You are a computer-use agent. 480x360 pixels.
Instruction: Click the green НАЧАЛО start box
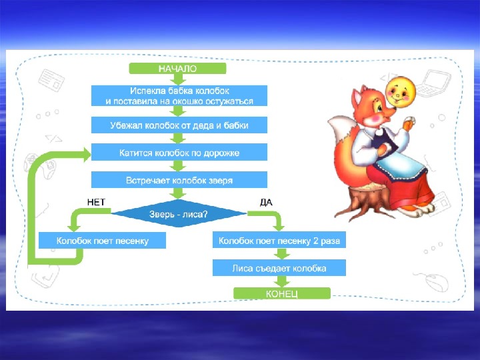point(178,68)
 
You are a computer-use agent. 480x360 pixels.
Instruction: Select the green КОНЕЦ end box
point(281,293)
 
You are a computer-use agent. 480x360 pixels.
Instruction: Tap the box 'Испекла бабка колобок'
point(179,95)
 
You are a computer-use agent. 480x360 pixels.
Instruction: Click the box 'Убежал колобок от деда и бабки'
point(179,125)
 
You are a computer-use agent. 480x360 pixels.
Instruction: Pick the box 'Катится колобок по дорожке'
point(179,153)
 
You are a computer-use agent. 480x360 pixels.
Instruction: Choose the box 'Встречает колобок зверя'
point(179,180)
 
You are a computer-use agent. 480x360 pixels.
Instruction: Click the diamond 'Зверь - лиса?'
point(178,213)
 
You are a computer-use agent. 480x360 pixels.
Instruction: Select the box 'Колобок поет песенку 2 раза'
point(279,239)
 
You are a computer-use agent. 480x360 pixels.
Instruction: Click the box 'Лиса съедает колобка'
point(279,267)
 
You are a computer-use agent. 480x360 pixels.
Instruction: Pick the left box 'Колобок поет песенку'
point(102,239)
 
